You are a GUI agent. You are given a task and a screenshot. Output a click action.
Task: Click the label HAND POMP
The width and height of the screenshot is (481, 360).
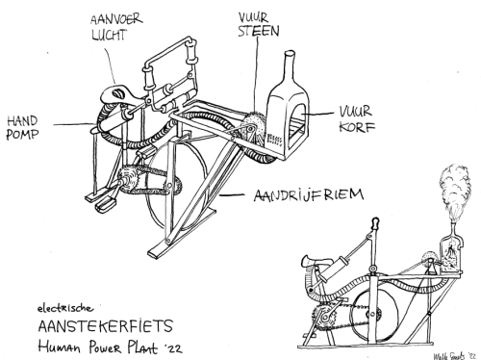27,129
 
